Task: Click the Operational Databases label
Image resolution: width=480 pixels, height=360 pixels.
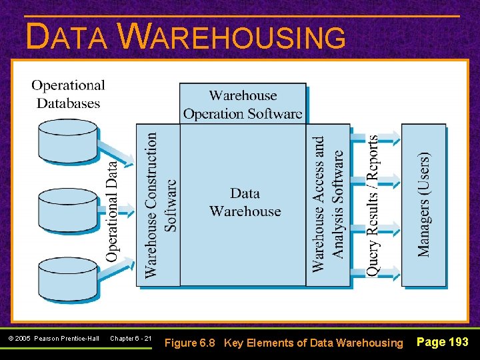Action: click(x=68, y=94)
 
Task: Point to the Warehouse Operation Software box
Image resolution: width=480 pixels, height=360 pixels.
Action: click(x=243, y=104)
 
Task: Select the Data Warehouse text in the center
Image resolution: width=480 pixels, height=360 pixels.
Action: click(x=245, y=202)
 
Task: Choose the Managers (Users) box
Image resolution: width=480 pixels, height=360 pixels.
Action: click(x=424, y=205)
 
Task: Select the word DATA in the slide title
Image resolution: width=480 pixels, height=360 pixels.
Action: click(x=67, y=37)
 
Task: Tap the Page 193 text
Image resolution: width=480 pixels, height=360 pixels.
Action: click(x=442, y=342)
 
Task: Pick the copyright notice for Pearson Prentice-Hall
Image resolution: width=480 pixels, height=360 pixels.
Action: click(x=53, y=339)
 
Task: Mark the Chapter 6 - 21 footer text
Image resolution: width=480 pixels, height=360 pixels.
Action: click(x=131, y=339)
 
